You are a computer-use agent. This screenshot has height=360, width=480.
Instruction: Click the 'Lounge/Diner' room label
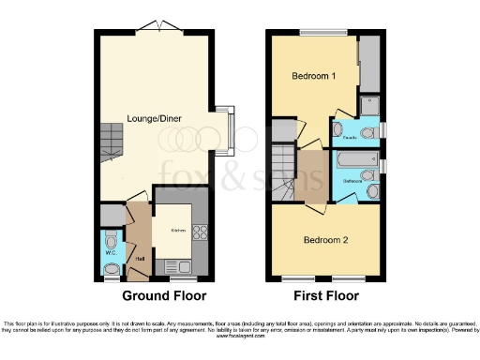155,118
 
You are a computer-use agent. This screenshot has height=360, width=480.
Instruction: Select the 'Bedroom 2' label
325,240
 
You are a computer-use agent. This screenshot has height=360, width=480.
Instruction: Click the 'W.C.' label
111,252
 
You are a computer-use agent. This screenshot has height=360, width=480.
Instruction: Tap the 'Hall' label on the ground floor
138,260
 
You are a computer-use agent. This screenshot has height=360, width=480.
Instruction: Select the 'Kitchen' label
178,230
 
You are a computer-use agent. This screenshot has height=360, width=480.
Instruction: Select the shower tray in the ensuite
370,104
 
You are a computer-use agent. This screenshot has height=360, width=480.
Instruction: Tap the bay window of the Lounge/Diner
228,131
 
